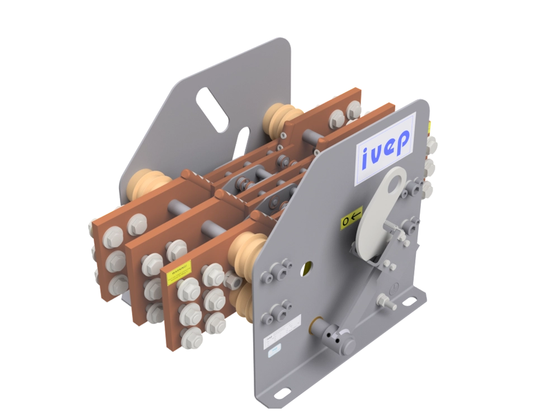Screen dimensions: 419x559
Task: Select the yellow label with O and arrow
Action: pyautogui.click(x=352, y=217)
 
